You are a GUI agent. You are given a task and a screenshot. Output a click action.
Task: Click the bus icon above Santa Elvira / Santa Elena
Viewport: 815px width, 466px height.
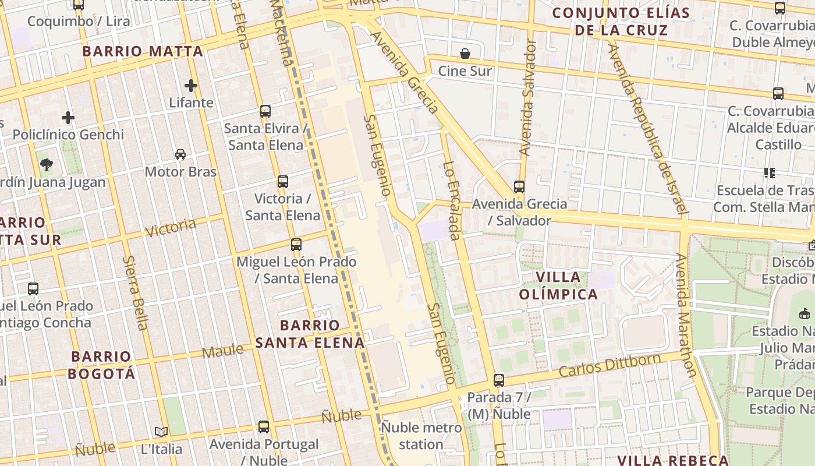[265, 111]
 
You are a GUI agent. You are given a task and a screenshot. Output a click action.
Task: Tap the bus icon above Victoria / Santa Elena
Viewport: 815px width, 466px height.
[283, 182]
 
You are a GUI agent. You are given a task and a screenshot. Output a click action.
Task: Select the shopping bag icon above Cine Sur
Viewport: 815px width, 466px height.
[465, 54]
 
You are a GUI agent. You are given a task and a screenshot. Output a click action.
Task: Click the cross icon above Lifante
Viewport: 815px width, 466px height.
[191, 86]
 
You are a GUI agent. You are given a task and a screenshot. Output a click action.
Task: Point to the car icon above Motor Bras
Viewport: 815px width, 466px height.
[180, 154]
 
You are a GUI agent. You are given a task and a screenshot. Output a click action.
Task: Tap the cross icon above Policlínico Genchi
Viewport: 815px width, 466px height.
[68, 118]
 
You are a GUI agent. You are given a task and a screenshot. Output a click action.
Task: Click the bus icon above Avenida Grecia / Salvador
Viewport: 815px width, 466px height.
[519, 187]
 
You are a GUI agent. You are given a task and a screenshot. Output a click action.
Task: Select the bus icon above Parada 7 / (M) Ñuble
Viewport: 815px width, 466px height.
[499, 380]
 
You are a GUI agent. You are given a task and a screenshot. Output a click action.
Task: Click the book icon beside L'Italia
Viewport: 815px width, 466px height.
[161, 432]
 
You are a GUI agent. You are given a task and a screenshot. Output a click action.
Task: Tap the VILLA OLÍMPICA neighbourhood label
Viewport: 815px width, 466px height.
[558, 285]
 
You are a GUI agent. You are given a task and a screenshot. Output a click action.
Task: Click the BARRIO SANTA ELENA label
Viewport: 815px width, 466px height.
[310, 334]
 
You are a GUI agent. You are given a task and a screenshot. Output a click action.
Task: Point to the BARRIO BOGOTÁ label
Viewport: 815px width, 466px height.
[102, 365]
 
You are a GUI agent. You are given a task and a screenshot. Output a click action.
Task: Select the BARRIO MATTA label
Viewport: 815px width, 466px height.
[143, 51]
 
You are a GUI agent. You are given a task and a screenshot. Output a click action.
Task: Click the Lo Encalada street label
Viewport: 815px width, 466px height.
[452, 201]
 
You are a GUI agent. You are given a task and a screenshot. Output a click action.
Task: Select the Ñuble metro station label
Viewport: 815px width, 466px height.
[421, 436]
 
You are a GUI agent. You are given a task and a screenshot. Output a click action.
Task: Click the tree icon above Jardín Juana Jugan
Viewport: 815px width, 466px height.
[47, 165]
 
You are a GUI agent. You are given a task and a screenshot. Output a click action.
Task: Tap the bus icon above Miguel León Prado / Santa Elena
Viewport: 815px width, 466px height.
[296, 245]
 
